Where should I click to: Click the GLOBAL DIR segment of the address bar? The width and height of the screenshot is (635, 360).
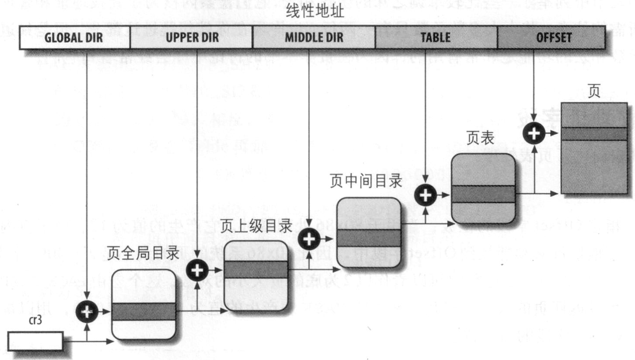(75, 38)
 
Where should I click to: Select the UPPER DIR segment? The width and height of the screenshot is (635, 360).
(191, 38)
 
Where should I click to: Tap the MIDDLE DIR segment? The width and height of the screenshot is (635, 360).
(313, 38)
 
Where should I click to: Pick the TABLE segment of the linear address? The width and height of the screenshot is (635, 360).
(436, 38)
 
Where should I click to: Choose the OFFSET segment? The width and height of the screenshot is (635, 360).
(552, 38)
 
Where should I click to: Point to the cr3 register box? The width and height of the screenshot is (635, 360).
(35, 340)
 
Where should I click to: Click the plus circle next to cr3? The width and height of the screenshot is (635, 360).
(86, 312)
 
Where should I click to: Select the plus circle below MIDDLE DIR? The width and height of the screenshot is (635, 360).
(309, 237)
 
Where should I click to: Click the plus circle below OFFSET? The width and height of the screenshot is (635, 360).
(534, 133)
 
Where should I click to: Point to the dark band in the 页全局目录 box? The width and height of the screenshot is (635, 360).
(143, 312)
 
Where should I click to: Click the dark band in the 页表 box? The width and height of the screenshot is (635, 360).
(482, 194)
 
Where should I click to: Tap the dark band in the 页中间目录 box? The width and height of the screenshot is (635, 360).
(368, 237)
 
